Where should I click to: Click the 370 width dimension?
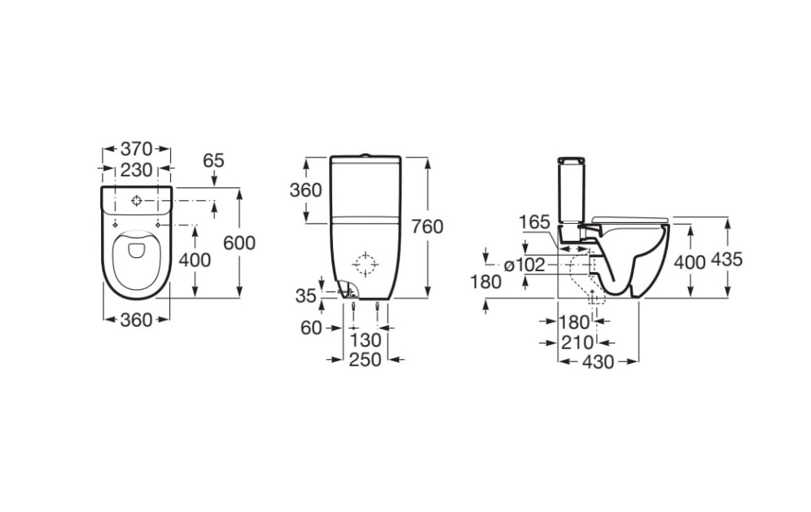[x=137, y=150]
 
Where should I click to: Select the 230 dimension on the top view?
[x=137, y=169]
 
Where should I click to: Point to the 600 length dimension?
[x=239, y=243]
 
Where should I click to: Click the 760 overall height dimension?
[x=428, y=226]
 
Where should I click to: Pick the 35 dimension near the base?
[x=305, y=295]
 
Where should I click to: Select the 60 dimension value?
[x=311, y=327]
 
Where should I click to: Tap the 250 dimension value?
[x=366, y=359]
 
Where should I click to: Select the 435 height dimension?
[x=726, y=260]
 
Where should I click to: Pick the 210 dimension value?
[x=577, y=343]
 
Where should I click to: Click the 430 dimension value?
[x=599, y=362]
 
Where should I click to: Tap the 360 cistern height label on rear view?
[x=306, y=190]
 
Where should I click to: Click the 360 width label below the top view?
[x=136, y=320]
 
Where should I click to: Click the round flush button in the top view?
[x=137, y=199]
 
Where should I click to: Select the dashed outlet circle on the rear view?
[x=364, y=264]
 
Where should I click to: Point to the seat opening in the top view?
[x=136, y=260]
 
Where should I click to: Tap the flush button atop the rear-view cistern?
[x=366, y=154]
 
